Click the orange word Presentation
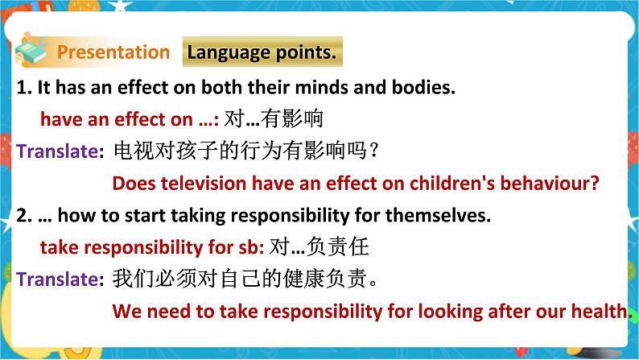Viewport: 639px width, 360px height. coord(113,52)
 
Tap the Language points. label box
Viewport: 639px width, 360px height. coord(262,52)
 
